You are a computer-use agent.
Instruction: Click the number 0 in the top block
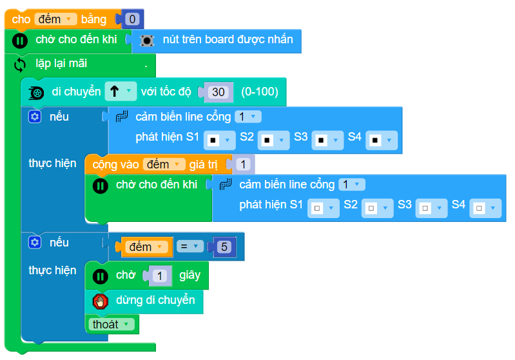pyautogui.click(x=132, y=19)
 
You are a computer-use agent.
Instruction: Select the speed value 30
pyautogui.click(x=219, y=92)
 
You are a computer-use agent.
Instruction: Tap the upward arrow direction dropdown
pyautogui.click(x=121, y=92)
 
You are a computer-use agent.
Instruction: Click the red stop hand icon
pyautogui.click(x=100, y=301)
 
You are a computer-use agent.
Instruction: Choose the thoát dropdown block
pyautogui.click(x=111, y=325)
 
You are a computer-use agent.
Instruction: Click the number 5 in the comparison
pyautogui.click(x=224, y=247)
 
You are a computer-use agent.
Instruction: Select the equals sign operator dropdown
pyautogui.click(x=189, y=246)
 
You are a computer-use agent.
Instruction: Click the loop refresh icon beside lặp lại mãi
pyautogui.click(x=20, y=65)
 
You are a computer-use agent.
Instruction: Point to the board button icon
pyautogui.click(x=147, y=40)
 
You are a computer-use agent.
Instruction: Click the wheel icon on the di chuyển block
pyautogui.click(x=37, y=92)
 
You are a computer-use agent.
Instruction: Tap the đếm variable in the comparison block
pyautogui.click(x=144, y=246)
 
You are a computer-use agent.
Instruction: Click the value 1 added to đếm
pyautogui.click(x=243, y=164)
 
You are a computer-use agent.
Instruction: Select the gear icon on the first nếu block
pyautogui.click(x=35, y=117)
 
